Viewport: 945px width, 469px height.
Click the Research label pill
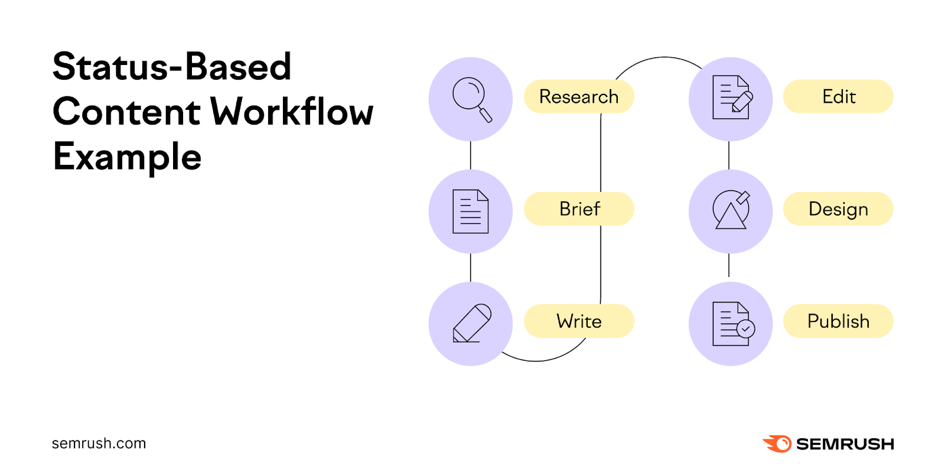pos(579,96)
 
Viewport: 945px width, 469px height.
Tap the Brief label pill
pos(579,209)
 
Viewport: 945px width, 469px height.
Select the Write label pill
pos(579,321)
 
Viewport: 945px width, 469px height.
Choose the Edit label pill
pos(838,96)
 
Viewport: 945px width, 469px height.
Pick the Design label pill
pos(838,209)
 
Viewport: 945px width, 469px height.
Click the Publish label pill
pos(838,321)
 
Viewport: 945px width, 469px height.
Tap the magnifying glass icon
pos(471,99)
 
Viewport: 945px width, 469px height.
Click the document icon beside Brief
pos(471,211)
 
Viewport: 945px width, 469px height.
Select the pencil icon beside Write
pos(471,324)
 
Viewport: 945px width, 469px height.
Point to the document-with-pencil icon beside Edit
pos(731,98)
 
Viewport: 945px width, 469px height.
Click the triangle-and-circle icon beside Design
pos(731,210)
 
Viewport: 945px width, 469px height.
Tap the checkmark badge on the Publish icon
pos(746,328)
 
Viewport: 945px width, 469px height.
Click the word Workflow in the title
pos(292,112)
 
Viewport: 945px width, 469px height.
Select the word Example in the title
pos(127,157)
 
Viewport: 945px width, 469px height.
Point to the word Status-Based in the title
pos(172,66)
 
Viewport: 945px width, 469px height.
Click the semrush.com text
pos(99,444)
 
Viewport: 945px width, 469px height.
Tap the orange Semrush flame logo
pos(777,444)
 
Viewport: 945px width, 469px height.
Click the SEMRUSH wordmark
pos(845,444)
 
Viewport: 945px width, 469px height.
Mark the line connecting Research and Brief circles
pos(471,155)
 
